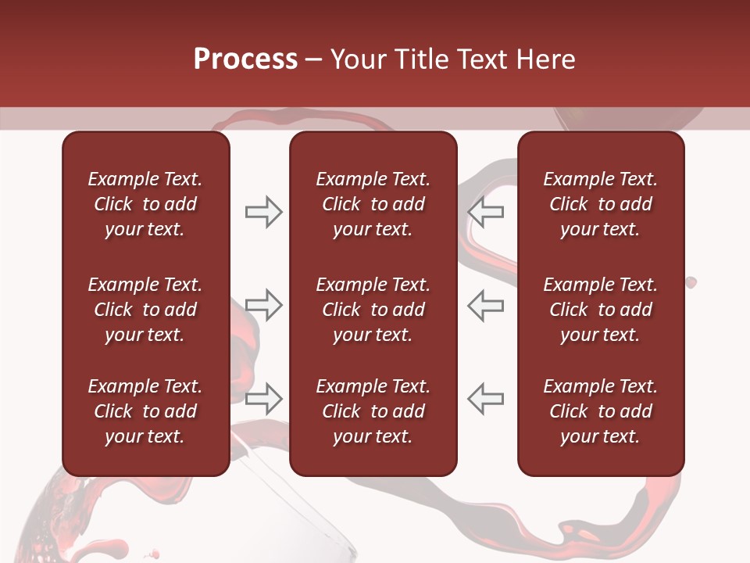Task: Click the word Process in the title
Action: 245,59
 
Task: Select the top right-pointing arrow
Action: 264,212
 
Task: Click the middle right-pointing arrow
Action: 264,305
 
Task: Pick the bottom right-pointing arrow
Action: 264,398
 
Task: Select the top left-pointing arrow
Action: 485,212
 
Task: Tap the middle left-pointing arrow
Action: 485,305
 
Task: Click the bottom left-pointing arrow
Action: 485,398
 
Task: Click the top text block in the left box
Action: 145,204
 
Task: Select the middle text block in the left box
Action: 145,310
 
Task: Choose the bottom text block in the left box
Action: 145,411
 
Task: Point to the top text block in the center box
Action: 373,204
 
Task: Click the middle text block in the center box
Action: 373,310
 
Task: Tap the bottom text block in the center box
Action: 373,411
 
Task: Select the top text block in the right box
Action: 600,204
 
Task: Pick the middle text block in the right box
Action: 600,310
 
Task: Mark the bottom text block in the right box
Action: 600,411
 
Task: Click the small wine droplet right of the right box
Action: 691,282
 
